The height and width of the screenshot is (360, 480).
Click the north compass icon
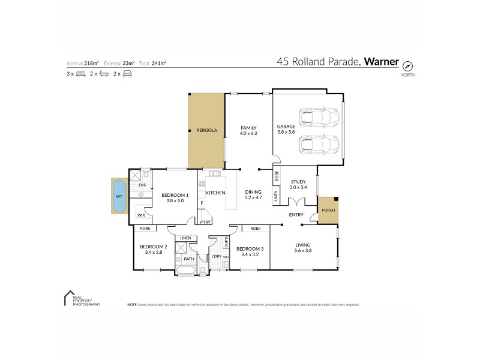[x=407, y=65]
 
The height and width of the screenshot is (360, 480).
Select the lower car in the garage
[x=318, y=145]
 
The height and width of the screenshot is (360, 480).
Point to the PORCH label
[x=328, y=210]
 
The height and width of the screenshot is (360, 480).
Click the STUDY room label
[x=298, y=181]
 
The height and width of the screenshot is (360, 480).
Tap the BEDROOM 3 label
[x=250, y=248]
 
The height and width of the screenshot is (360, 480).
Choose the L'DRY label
[x=217, y=257]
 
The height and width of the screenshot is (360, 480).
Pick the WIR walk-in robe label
[x=141, y=215]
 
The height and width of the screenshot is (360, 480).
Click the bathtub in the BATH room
[x=184, y=271]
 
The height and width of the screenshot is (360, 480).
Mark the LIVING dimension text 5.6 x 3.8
[x=302, y=250]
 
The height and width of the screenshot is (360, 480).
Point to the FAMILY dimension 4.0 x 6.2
[x=248, y=133]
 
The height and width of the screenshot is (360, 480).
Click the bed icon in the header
[x=80, y=74]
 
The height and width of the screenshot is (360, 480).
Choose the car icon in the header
[x=127, y=74]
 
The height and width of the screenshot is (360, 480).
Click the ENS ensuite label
[x=142, y=185]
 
